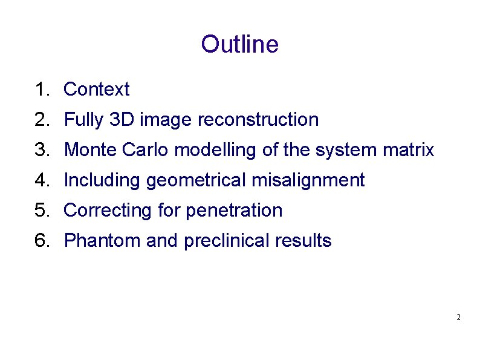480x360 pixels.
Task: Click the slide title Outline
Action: tap(239, 45)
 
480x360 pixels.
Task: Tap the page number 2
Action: tap(459, 317)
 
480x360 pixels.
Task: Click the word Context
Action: tap(96, 90)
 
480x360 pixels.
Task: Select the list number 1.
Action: tap(41, 90)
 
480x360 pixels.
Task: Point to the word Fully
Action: tap(84, 120)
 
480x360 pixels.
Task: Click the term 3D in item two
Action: tap(123, 120)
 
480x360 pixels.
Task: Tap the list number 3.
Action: tap(41, 150)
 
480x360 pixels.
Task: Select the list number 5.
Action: tap(41, 211)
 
